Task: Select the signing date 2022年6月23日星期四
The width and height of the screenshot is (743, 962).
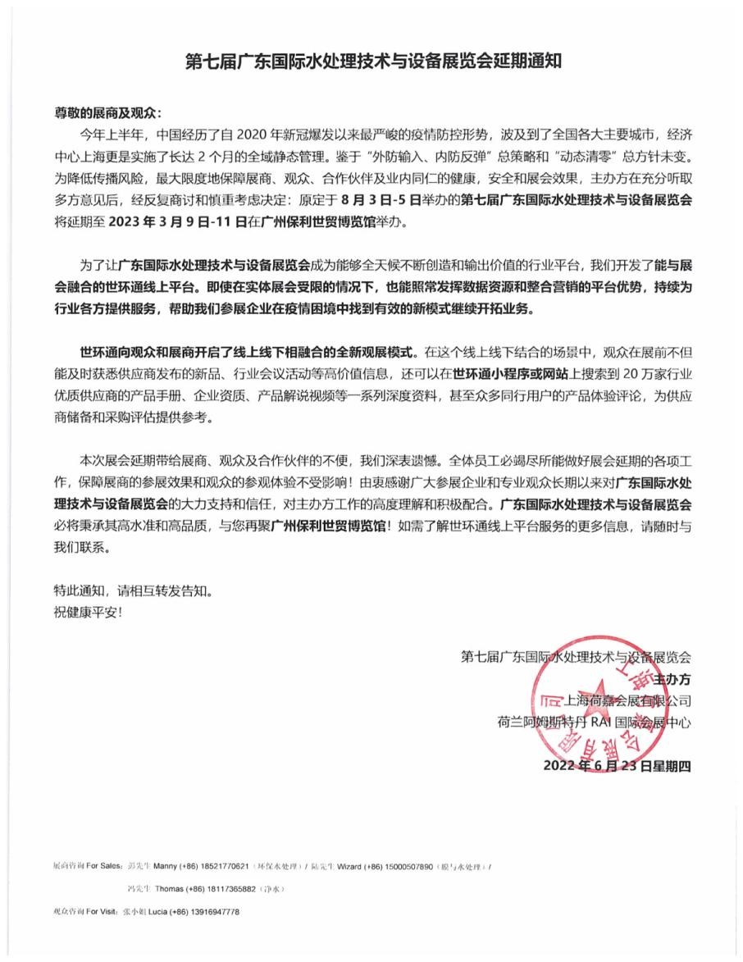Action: tap(618, 765)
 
